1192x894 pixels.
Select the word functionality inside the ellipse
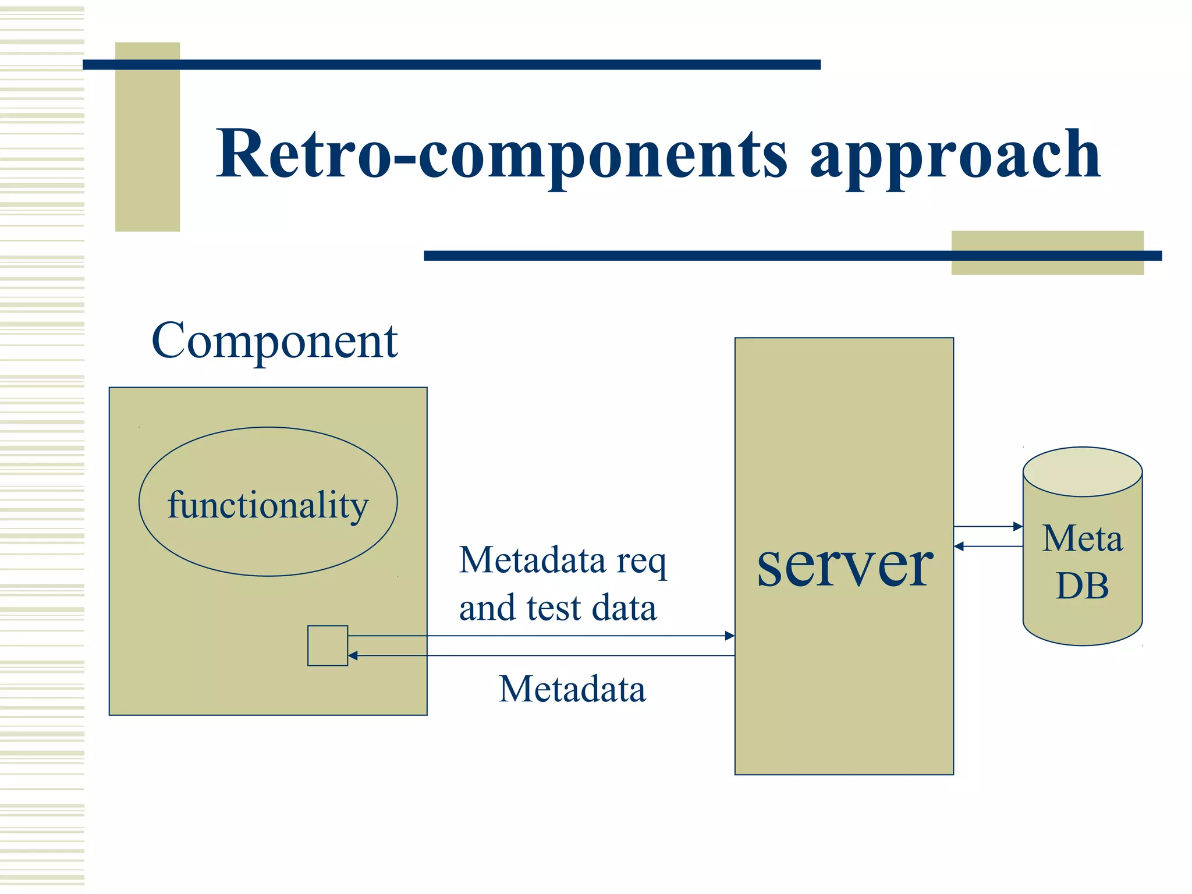point(268,505)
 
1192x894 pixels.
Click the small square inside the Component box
point(328,645)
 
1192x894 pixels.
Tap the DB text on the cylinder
point(1082,586)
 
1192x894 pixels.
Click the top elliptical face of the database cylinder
point(1082,471)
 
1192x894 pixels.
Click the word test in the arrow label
point(554,608)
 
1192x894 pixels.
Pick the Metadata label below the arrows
point(572,690)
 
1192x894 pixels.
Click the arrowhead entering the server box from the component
point(729,636)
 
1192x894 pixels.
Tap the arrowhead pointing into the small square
point(353,656)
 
